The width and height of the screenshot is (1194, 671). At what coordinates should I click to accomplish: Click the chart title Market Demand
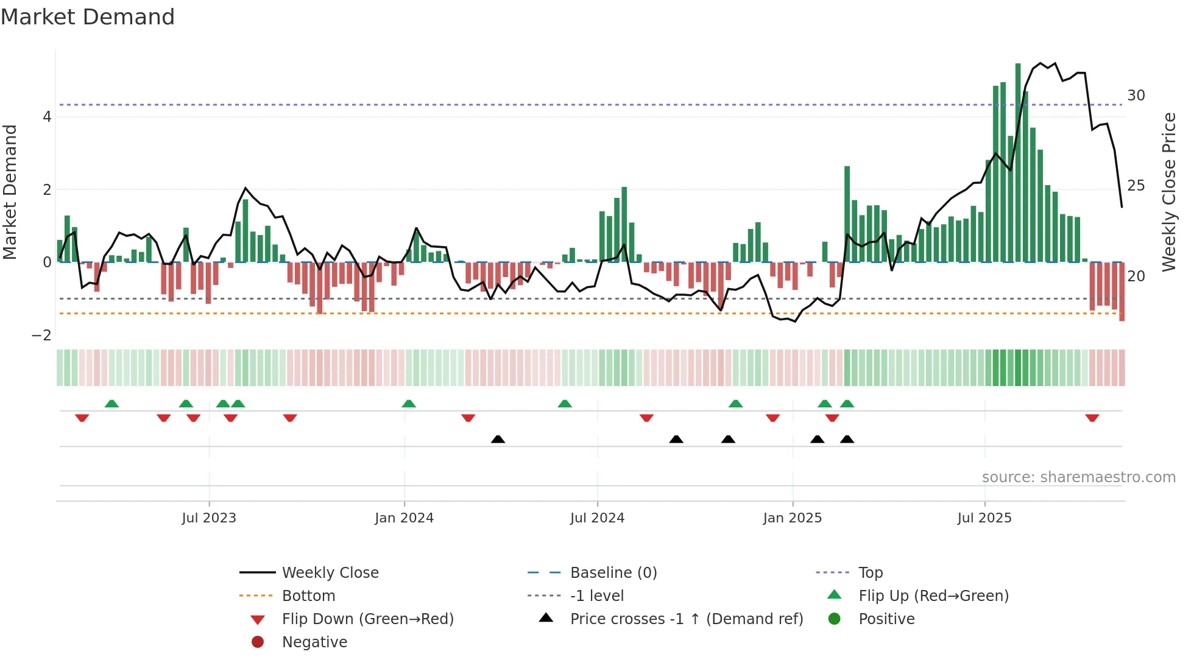click(88, 17)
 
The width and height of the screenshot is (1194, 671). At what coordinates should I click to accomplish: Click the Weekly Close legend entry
click(330, 572)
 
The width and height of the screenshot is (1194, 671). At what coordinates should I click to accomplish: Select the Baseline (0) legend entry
click(613, 572)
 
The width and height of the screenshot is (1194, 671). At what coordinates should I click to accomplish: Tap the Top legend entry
click(870, 572)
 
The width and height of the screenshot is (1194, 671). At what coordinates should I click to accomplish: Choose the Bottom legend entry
click(308, 595)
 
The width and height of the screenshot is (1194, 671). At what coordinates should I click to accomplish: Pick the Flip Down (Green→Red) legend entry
click(367, 619)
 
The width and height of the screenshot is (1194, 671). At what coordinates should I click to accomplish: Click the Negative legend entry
click(314, 642)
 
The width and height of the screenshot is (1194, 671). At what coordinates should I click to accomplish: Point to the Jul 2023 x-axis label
click(209, 518)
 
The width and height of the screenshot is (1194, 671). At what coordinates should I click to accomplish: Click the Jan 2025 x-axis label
click(792, 518)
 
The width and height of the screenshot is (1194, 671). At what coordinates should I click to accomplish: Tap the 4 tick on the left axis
click(47, 116)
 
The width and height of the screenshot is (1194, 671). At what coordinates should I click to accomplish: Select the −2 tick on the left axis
click(41, 335)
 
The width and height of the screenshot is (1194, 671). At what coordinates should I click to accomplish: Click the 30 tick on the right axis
click(1136, 96)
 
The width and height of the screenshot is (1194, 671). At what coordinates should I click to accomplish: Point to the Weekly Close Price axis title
click(1168, 192)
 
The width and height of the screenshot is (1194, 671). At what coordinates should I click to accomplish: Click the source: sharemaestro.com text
click(1078, 477)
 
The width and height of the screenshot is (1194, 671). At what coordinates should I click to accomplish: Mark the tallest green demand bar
click(1018, 163)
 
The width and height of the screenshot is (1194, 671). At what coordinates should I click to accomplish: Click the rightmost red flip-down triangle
click(1092, 418)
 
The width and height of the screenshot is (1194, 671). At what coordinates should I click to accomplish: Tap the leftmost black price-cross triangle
click(498, 439)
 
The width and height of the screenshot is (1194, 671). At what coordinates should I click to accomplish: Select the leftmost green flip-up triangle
click(111, 404)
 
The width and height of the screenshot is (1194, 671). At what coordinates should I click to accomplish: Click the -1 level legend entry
click(596, 595)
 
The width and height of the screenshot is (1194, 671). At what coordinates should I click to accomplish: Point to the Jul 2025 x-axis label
click(984, 518)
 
